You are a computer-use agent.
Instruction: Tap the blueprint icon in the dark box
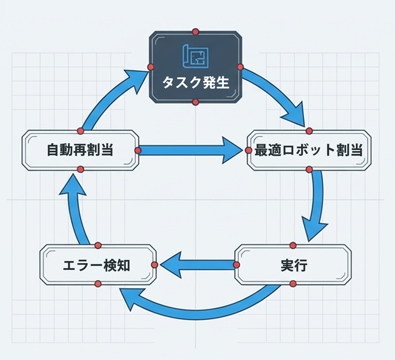(196, 55)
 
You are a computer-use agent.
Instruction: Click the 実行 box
(293, 265)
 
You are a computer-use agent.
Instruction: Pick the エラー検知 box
(97, 265)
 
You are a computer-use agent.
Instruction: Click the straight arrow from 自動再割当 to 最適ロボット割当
(193, 150)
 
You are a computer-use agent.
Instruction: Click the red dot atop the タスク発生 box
(196, 32)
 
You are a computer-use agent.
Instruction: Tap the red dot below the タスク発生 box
(196, 102)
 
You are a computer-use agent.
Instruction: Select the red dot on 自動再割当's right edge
(138, 150)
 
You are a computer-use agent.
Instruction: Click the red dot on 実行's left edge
(236, 265)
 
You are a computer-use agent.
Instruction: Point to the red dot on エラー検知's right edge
(155, 265)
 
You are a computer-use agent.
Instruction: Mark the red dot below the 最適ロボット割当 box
(310, 169)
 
